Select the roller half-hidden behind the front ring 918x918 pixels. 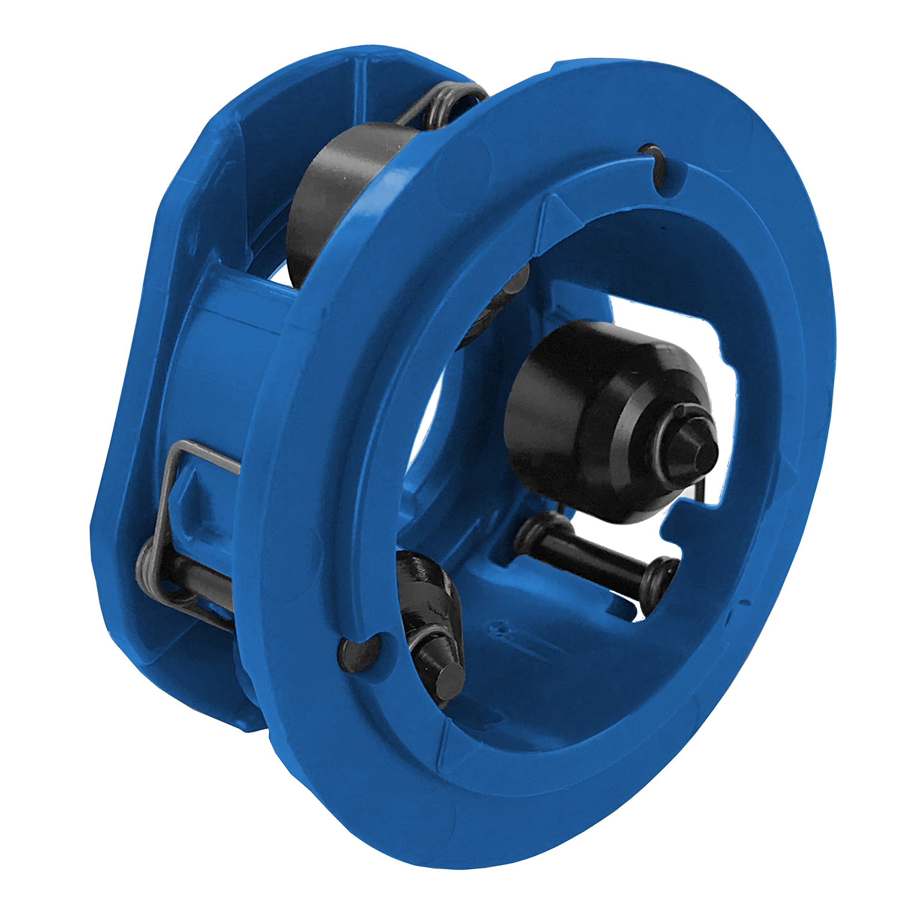(494, 309)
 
